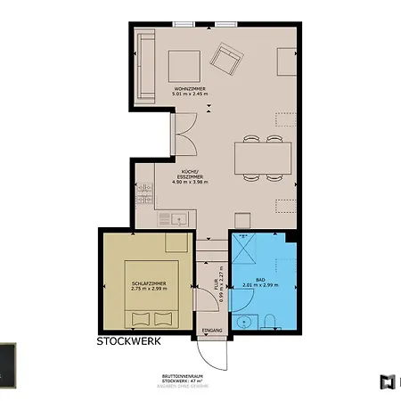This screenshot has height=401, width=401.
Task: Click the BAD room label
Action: tap(259, 280)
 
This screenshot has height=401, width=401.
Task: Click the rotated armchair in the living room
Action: tap(226, 59)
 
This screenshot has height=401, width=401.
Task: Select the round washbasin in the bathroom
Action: tap(244, 321)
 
